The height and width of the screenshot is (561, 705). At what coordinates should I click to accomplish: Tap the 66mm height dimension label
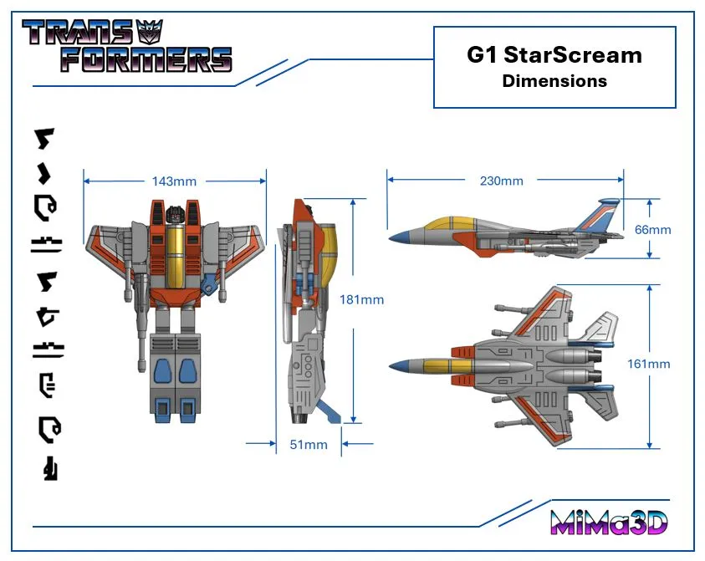click(653, 229)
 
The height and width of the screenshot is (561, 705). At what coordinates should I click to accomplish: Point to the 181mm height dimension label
click(362, 299)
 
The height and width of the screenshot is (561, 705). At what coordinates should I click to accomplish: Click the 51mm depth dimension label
click(309, 445)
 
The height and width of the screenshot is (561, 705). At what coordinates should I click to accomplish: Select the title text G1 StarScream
click(554, 55)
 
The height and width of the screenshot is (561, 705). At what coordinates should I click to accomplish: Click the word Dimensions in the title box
click(554, 81)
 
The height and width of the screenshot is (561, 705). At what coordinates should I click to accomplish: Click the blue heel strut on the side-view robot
click(331, 412)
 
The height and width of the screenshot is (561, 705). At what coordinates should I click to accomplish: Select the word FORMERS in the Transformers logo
click(146, 59)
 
